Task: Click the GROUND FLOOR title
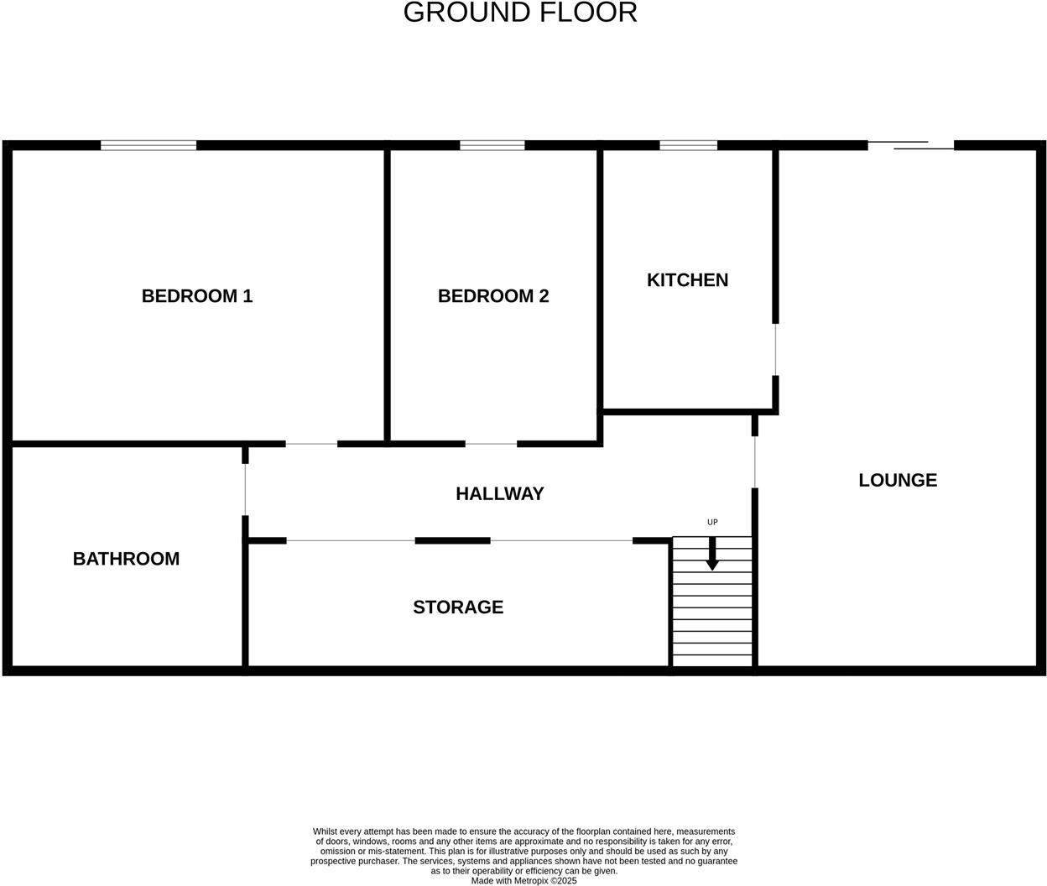(x=520, y=13)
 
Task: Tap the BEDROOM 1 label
(x=197, y=296)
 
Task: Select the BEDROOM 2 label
(x=493, y=296)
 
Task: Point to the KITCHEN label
(x=687, y=280)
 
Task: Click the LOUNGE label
(x=898, y=480)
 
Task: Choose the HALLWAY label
(x=500, y=493)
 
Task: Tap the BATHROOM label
(x=126, y=559)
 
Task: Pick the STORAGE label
(x=458, y=607)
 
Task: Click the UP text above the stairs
(x=712, y=522)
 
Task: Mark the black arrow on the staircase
(x=712, y=555)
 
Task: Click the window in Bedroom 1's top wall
(x=148, y=145)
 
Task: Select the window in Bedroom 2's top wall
(x=492, y=145)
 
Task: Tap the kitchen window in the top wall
(x=688, y=145)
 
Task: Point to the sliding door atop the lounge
(x=911, y=145)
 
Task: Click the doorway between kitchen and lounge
(x=775, y=349)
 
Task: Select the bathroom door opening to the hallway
(x=245, y=489)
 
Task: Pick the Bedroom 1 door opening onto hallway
(x=311, y=444)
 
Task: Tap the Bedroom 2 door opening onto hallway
(x=491, y=444)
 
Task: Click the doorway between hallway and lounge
(x=755, y=462)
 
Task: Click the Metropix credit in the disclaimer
(x=523, y=881)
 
